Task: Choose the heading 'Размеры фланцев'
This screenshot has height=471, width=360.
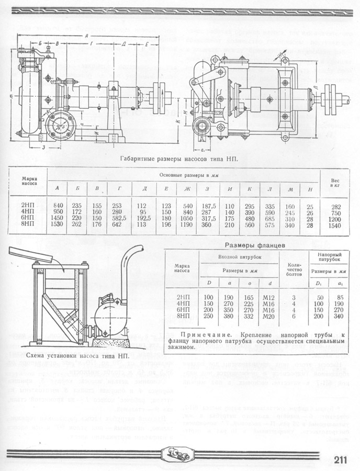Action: pyautogui.click(x=255, y=245)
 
